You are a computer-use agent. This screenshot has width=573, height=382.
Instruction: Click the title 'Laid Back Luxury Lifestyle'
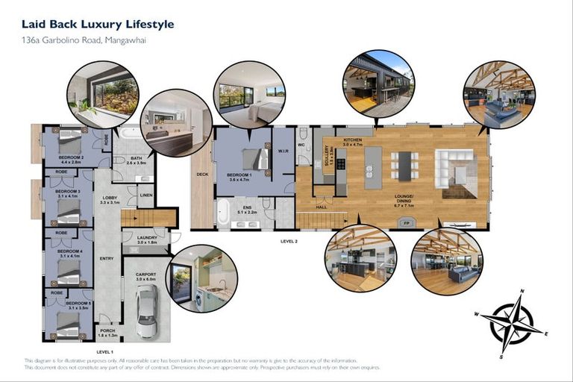click(97, 25)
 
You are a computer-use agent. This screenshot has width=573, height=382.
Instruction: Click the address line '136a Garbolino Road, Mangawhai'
click(84, 40)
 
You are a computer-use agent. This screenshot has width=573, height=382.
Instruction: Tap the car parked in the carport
click(146, 310)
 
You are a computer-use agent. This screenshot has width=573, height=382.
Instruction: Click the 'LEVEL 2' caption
click(289, 241)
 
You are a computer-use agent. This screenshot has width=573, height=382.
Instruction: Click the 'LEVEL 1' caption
click(104, 351)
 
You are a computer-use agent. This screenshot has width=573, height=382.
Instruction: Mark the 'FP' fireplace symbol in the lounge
click(407, 222)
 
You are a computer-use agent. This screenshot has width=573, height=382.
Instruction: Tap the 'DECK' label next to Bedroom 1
click(201, 175)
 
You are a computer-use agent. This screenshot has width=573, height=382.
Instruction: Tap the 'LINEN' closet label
click(145, 195)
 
